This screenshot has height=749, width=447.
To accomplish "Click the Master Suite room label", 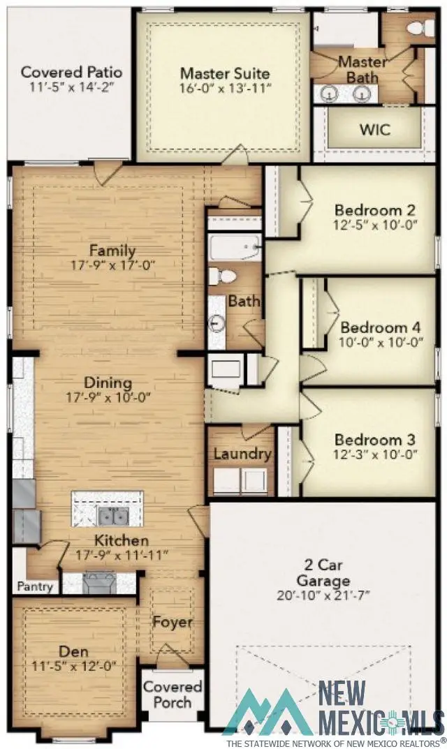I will (x=224, y=73).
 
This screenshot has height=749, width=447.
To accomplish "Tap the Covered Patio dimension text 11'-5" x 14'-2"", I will (x=71, y=87).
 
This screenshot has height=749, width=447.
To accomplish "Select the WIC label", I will (x=375, y=130).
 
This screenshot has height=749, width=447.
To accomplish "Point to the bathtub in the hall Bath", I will (x=234, y=249).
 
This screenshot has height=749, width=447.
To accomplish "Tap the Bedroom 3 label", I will (x=374, y=440).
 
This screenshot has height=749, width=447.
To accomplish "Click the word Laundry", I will (x=242, y=454).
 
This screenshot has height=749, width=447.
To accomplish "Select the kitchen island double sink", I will (x=111, y=516).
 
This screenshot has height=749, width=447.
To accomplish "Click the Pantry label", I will (x=35, y=586).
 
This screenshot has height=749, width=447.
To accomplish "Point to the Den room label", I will (x=73, y=651).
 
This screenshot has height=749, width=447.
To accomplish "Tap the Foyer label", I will (x=173, y=622).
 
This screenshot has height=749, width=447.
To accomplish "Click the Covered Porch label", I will (x=173, y=694).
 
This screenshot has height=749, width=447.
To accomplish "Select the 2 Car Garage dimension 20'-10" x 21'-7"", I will (x=323, y=595).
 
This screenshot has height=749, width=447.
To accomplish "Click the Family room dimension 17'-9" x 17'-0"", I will (x=112, y=265).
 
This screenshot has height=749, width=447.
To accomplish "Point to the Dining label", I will (x=108, y=383).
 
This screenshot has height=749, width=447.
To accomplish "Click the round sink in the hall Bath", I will (x=217, y=323).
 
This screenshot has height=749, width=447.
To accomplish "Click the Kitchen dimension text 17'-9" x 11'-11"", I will (x=122, y=556).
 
